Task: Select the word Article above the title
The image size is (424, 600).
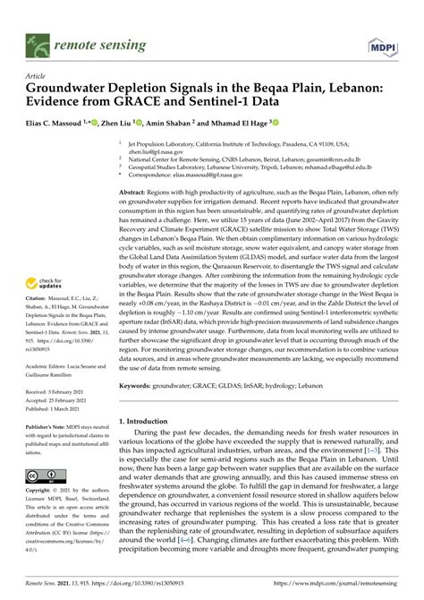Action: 37,77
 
